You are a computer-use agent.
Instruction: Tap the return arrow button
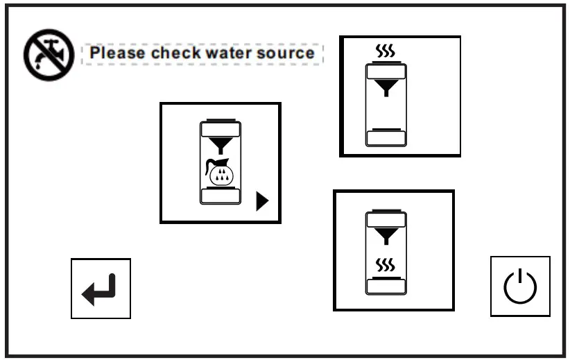(x=101, y=289)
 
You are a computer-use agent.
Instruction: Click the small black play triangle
(x=261, y=201)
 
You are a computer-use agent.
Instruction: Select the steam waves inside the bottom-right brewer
(x=385, y=265)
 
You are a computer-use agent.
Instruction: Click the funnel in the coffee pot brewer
(x=221, y=145)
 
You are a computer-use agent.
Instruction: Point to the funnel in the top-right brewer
(x=386, y=87)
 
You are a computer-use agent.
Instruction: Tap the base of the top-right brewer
(x=386, y=137)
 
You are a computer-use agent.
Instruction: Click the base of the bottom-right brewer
(x=386, y=285)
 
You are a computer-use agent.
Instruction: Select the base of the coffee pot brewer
(x=221, y=195)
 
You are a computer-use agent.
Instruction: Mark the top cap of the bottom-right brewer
(x=386, y=219)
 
